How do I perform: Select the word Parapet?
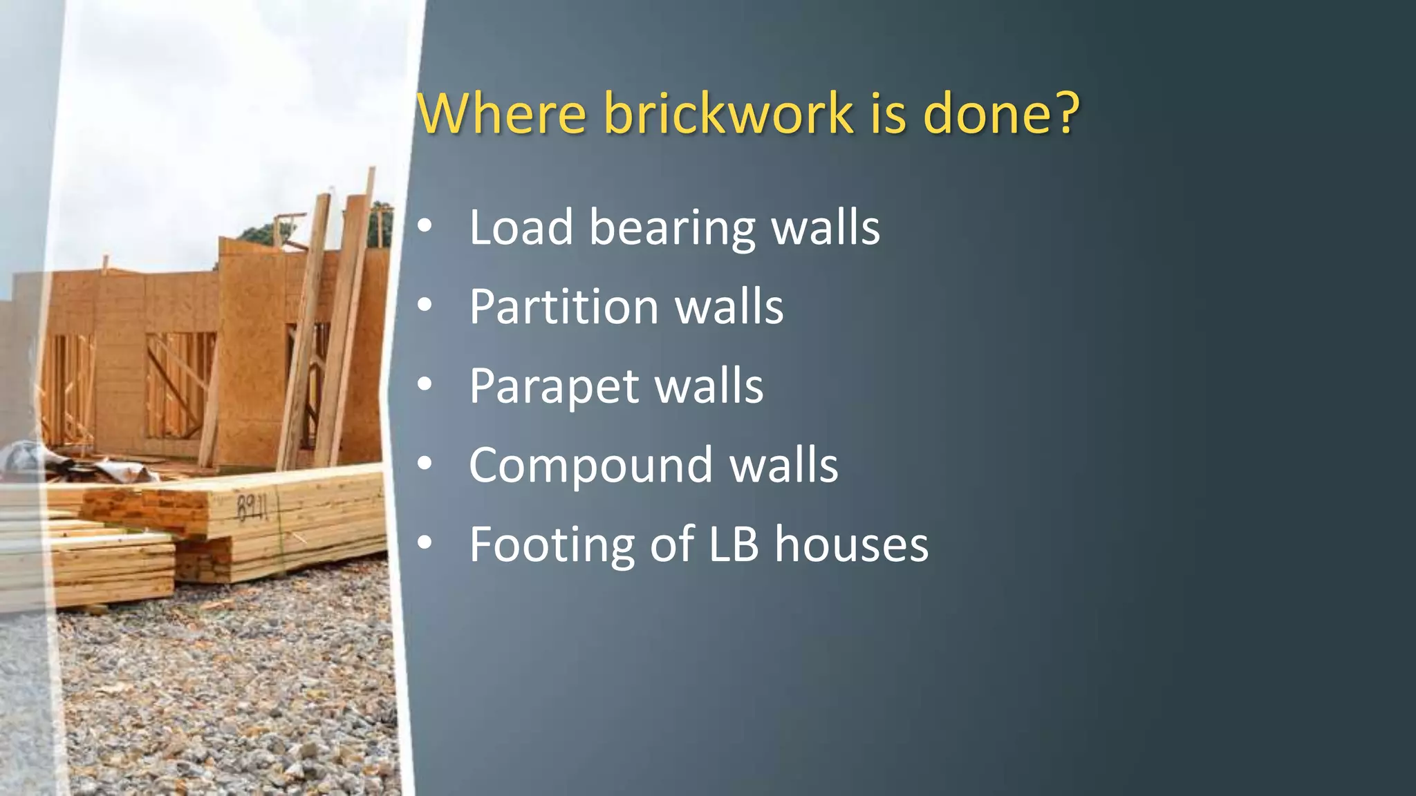[553, 387]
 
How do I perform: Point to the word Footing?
[551, 545]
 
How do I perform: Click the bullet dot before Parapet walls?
[425, 385]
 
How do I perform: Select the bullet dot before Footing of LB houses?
[425, 544]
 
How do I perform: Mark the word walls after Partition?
[729, 307]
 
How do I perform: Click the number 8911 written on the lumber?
[252, 509]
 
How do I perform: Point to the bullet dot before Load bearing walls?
[425, 226]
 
